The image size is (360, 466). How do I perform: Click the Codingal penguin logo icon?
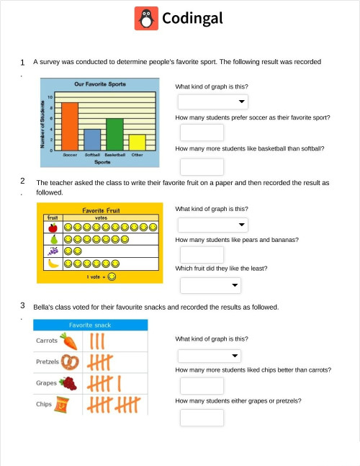[x=146, y=18]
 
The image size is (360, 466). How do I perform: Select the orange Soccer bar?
[x=70, y=126]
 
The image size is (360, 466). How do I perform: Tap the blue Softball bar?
[x=92, y=139]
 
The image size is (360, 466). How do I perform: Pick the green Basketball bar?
[x=114, y=134]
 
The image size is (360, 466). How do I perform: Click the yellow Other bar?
[x=138, y=142]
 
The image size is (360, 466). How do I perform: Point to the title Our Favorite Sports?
[x=100, y=84]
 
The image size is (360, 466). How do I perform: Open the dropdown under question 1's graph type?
[x=212, y=102]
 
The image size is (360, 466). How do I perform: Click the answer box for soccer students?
[x=202, y=132]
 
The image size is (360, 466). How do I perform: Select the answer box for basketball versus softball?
[x=202, y=166]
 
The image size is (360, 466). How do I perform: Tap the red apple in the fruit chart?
[x=53, y=228]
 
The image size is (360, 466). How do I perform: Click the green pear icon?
[x=53, y=239]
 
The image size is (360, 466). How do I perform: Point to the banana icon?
[x=53, y=264]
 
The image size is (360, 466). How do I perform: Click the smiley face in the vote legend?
[x=112, y=276]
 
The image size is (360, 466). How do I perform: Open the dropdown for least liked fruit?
[x=210, y=286]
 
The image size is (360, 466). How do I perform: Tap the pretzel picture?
[x=70, y=361]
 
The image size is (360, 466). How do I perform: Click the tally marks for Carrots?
[x=99, y=340]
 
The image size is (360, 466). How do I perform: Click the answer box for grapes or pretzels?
[x=202, y=418]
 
